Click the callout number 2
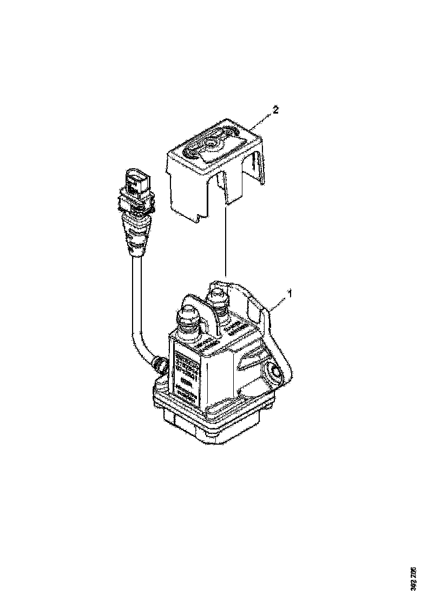(x=276, y=110)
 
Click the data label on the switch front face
(x=187, y=373)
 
